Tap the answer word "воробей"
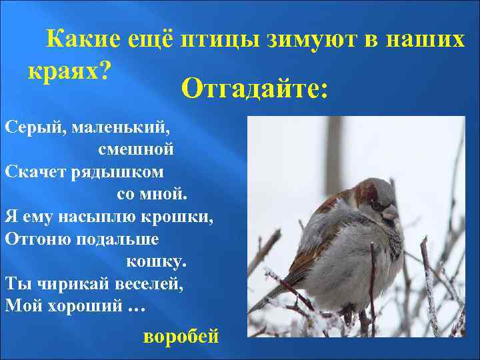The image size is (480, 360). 181,334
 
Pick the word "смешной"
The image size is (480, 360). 136,149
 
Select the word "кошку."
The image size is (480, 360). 157,261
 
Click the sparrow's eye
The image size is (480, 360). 377,204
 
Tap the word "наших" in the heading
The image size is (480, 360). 427,41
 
